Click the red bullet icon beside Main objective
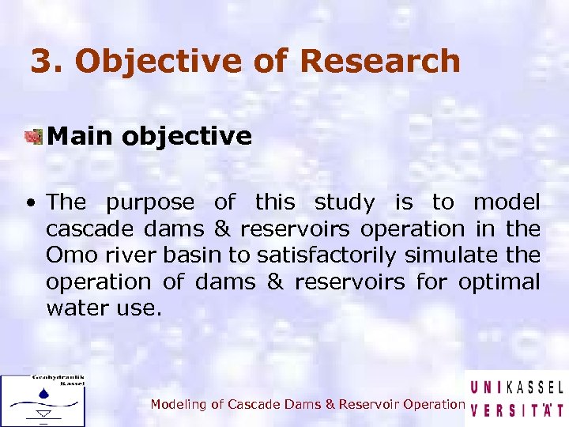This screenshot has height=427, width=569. point(32,137)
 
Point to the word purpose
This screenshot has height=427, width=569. point(149,203)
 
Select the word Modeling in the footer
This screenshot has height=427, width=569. point(178,404)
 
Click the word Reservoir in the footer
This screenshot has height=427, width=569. point(369,404)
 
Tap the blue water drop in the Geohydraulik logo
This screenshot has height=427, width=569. point(42,393)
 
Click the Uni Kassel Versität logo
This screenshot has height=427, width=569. point(516,399)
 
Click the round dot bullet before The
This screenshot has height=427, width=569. point(29,203)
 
